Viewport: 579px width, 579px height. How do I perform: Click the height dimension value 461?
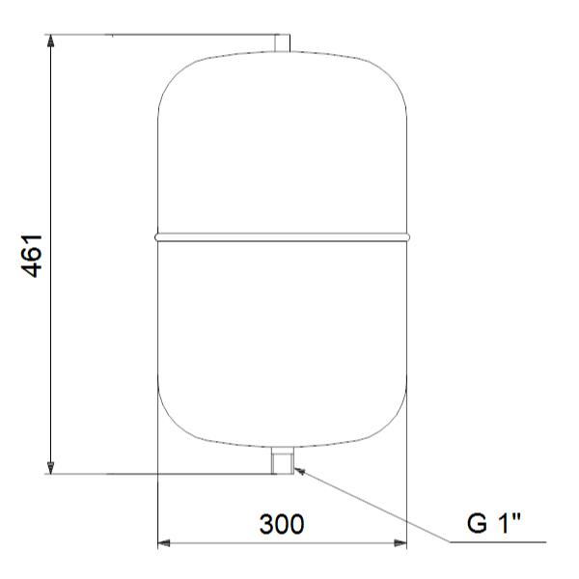(x=32, y=256)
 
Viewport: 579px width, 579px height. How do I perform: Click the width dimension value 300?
(x=282, y=524)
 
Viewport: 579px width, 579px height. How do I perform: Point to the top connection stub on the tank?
(x=282, y=42)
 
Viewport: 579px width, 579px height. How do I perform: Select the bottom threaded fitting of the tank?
(x=283, y=460)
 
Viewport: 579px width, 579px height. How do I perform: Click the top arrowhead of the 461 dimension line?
(x=51, y=41)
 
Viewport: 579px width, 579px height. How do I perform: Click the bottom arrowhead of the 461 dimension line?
(x=51, y=467)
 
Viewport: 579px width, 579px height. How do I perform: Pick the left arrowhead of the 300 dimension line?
(x=164, y=543)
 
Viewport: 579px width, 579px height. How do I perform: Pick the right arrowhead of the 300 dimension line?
(x=400, y=543)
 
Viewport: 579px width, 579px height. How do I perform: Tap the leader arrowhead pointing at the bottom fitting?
(x=300, y=471)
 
